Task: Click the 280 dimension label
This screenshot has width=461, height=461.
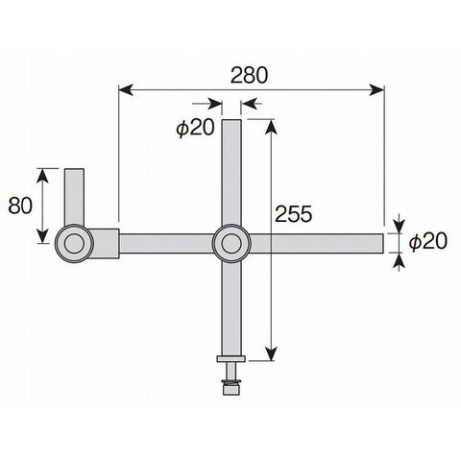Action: [x=249, y=76]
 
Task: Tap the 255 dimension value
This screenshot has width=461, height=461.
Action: [x=293, y=214]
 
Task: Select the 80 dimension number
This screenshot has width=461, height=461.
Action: [x=20, y=206]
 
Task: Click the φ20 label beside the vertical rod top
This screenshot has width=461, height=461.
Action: [x=195, y=128]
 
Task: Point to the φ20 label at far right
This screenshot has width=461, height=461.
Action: [x=427, y=241]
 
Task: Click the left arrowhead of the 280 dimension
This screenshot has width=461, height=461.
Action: [x=126, y=90]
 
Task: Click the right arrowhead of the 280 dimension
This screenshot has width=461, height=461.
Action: [x=376, y=90]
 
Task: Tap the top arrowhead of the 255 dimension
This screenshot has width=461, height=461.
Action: [x=272, y=127]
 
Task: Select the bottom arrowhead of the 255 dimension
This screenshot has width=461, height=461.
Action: [x=272, y=353]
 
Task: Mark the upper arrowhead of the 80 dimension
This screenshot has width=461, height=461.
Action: [x=43, y=176]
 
